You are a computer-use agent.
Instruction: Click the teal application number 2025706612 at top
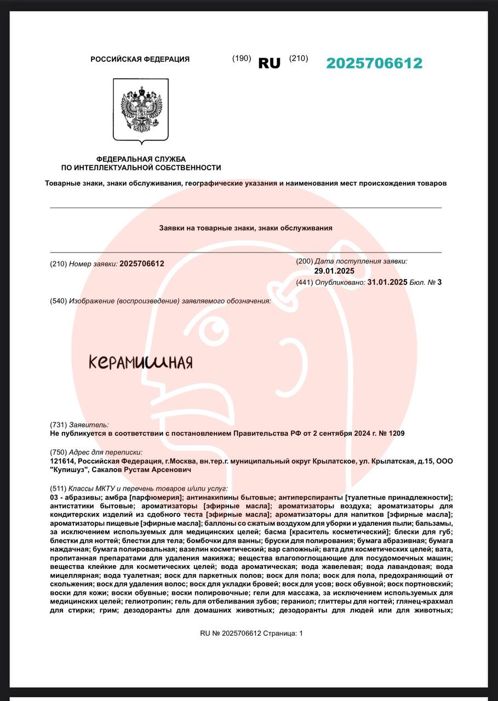(374, 63)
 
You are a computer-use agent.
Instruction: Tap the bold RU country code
(269, 63)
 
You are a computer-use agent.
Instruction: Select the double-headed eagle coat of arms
(141, 110)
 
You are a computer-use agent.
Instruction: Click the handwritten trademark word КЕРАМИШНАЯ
(141, 362)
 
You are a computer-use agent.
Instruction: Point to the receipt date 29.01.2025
(334, 271)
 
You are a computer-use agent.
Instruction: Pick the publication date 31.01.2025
(387, 283)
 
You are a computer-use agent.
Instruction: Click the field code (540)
(58, 301)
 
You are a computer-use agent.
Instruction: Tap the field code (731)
(58, 424)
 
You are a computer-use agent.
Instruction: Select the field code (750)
(58, 452)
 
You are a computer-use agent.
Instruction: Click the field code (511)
(58, 488)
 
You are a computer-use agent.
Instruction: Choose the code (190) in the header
(242, 59)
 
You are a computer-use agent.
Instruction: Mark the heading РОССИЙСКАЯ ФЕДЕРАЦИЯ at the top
(140, 59)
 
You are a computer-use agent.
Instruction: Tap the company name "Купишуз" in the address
(68, 470)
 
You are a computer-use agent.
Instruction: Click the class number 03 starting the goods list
(54, 497)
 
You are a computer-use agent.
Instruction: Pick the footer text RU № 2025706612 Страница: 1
(251, 633)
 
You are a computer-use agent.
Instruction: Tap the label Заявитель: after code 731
(89, 424)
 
